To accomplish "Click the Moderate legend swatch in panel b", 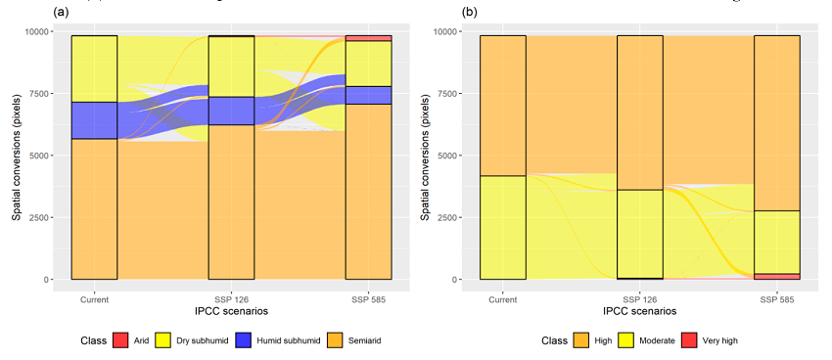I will coord(618,341).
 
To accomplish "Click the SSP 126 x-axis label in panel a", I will coord(231,299).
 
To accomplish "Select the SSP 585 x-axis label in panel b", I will coord(777,299).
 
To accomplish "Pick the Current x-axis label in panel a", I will coord(95,299).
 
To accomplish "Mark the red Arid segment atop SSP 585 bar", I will coord(368,38).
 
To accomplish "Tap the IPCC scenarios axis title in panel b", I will coord(640,311).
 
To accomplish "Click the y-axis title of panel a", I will coord(17,157).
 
